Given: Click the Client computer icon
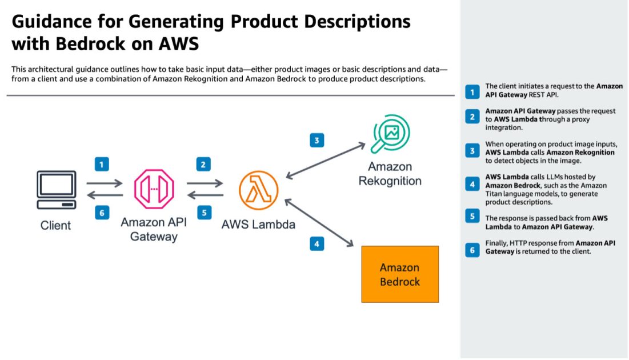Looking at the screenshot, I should tap(56, 190).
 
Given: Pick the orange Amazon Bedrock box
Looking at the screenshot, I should tap(400, 274).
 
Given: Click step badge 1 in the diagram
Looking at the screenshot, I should tap(101, 165).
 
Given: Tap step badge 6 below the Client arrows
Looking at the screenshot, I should tap(101, 213).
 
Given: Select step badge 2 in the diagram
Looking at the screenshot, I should tap(203, 165).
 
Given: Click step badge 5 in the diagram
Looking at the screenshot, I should tap(203, 213).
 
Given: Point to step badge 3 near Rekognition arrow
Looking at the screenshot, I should tap(317, 140).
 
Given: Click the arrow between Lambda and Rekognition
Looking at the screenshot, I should tap(326, 161).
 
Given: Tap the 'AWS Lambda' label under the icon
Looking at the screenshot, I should tap(258, 224).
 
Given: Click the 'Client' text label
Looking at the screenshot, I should tap(55, 225).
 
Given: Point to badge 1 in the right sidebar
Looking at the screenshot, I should tap(472, 91).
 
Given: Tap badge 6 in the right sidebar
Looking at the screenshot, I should tap(472, 250).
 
